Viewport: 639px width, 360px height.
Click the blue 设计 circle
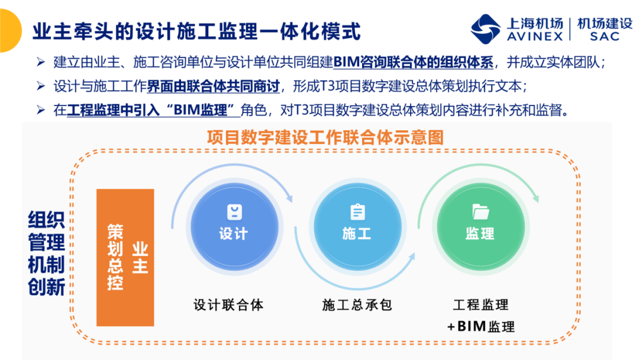[234, 227]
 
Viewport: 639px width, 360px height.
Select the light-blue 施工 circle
[357, 227]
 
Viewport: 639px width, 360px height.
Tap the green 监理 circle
[480, 227]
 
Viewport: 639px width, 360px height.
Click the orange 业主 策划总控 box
[125, 257]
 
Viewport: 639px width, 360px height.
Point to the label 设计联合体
[228, 305]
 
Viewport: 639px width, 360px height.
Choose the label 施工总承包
[357, 305]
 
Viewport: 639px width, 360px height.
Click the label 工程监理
[481, 305]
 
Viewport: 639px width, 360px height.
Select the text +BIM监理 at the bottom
[481, 327]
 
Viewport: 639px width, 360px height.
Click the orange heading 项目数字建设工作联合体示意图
[325, 137]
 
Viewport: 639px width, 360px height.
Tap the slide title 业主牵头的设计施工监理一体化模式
[196, 31]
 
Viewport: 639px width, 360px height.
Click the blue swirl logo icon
[485, 29]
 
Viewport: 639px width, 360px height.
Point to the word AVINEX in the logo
[535, 36]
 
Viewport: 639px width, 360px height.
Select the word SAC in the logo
[605, 36]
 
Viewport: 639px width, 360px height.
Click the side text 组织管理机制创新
[47, 253]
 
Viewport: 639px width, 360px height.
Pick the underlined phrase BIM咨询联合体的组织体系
[413, 62]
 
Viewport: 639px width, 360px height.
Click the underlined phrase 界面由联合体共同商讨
[213, 86]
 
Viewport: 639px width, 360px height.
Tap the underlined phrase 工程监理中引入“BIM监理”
[154, 110]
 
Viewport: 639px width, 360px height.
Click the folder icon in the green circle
[480, 211]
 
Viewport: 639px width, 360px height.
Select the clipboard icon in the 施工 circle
[357, 211]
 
